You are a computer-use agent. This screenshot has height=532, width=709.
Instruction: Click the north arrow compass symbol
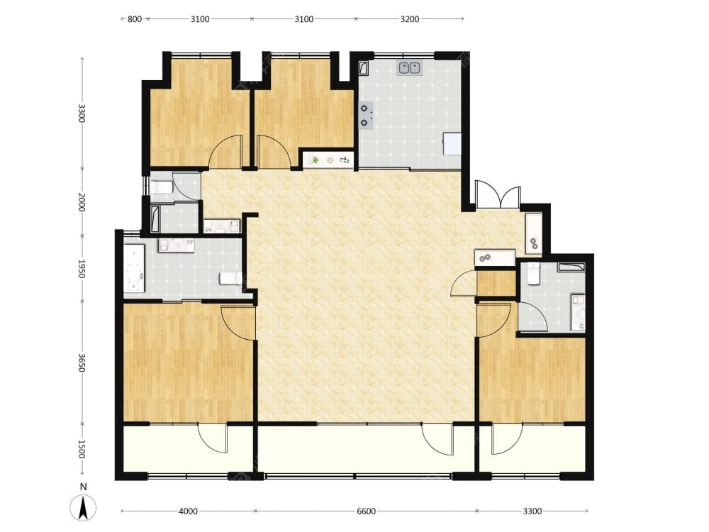[x=83, y=508]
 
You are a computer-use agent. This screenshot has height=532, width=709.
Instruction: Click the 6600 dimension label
[x=367, y=511]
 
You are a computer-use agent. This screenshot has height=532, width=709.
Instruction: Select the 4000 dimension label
[x=188, y=511]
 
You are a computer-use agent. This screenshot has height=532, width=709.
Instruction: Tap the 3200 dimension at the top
[x=410, y=19]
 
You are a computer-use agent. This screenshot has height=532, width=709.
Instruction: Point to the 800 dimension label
[x=134, y=19]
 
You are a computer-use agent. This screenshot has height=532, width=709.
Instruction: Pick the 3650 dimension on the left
[x=82, y=362]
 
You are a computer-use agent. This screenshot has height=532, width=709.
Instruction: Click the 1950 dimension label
[x=82, y=269]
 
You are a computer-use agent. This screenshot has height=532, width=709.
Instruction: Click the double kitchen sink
[x=409, y=68]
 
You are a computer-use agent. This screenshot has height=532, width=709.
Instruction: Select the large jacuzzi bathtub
[x=134, y=269]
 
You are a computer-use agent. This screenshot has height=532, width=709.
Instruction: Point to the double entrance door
[x=498, y=194]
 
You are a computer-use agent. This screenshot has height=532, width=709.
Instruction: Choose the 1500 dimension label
[x=82, y=449]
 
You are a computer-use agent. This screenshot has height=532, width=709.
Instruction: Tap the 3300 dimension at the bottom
[x=532, y=511]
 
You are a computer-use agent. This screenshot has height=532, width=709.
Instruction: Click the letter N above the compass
[x=83, y=487]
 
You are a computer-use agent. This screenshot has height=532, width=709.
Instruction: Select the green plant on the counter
[x=316, y=160]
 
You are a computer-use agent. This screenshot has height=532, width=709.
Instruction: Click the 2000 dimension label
[x=82, y=202]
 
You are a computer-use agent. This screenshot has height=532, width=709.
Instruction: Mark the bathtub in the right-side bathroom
[x=571, y=267]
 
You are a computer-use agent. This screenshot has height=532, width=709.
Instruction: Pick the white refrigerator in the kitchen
[x=452, y=144]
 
